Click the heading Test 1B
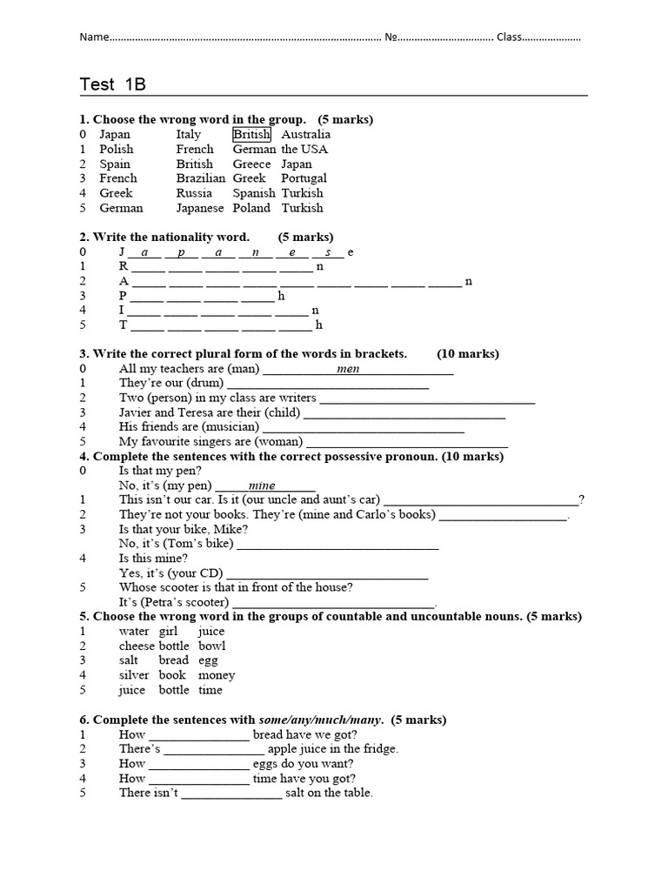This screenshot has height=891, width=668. click(x=112, y=84)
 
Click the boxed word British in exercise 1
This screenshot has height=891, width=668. click(x=251, y=135)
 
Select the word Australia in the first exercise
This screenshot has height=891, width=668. click(x=305, y=135)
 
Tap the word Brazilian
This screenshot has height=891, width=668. click(x=200, y=178)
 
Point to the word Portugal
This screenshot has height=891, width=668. click(x=304, y=178)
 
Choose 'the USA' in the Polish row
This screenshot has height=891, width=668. click(x=302, y=150)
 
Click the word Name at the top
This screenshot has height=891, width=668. click(x=96, y=37)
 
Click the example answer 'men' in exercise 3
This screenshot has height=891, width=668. click(x=347, y=369)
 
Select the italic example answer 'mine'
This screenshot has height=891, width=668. click(x=261, y=486)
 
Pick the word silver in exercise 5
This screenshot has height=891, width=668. click(x=134, y=675)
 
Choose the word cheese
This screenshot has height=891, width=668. click(x=137, y=646)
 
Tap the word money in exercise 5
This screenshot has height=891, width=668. click(x=217, y=675)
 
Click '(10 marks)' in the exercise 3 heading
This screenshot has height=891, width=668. click(x=468, y=354)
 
